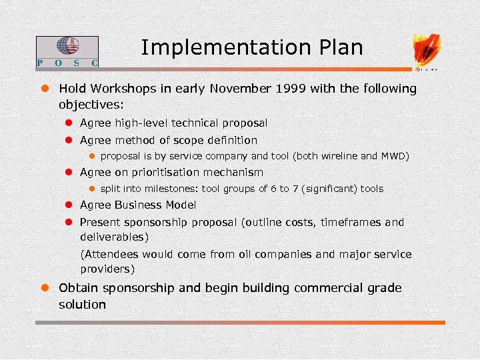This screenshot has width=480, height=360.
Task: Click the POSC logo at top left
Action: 67,52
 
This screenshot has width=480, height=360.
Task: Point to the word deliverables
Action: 112,237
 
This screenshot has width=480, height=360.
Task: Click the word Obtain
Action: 78,288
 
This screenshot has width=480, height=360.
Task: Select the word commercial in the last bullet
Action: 327,288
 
